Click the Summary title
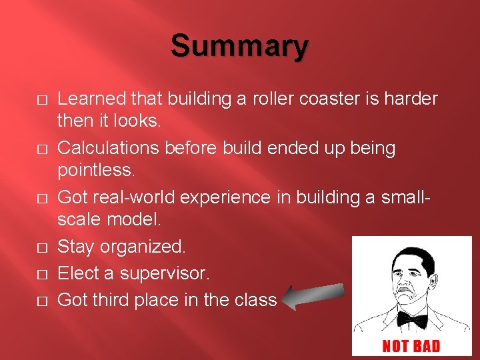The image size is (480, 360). [239, 47]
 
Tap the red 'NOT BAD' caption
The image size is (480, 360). [411, 345]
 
